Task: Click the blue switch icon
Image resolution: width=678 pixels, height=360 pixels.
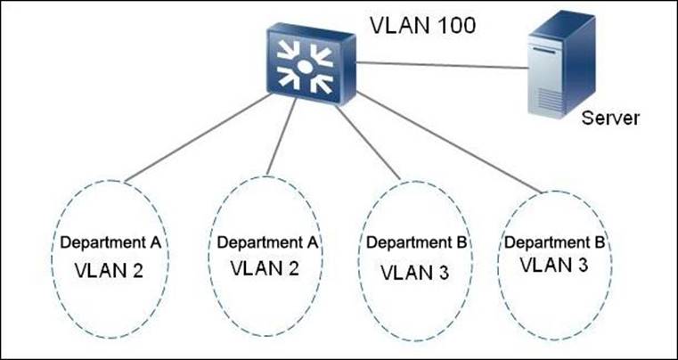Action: (306, 63)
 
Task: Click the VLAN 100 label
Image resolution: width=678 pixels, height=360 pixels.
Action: (422, 24)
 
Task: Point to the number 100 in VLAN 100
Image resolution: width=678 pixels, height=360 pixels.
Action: (453, 24)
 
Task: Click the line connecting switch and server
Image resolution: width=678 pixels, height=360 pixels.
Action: (437, 63)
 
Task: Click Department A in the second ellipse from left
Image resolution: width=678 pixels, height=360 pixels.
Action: (268, 242)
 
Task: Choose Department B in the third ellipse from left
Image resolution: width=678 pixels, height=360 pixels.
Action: (417, 242)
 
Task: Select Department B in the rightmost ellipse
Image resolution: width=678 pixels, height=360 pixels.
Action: (555, 241)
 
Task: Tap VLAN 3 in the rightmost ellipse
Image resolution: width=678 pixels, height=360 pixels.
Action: (554, 265)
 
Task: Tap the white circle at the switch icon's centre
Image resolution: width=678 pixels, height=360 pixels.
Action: (305, 65)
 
